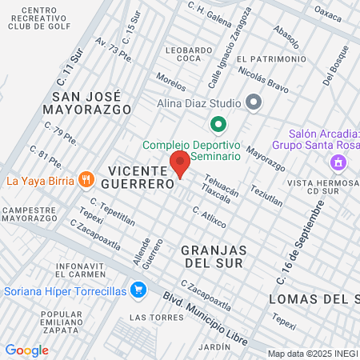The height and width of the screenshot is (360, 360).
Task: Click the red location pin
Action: [180, 163]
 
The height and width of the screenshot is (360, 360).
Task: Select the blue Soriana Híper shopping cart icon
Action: [138, 290]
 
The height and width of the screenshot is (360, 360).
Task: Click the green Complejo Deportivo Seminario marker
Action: [217, 125]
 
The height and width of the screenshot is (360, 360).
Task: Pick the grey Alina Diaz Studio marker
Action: [254, 102]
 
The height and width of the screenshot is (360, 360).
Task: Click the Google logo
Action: [26, 350]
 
